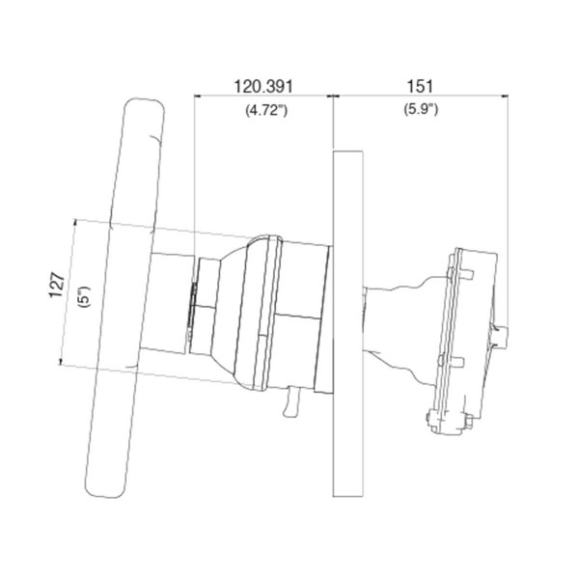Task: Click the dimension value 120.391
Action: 263,87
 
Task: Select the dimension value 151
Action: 422,87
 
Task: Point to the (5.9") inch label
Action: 422,110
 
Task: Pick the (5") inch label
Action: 84,294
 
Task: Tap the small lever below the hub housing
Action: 290,404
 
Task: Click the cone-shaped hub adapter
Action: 227,309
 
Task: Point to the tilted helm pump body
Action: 469,328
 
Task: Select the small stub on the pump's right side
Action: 505,335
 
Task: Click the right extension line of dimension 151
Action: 510,193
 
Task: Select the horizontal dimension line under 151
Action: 422,96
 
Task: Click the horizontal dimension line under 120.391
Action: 263,96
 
